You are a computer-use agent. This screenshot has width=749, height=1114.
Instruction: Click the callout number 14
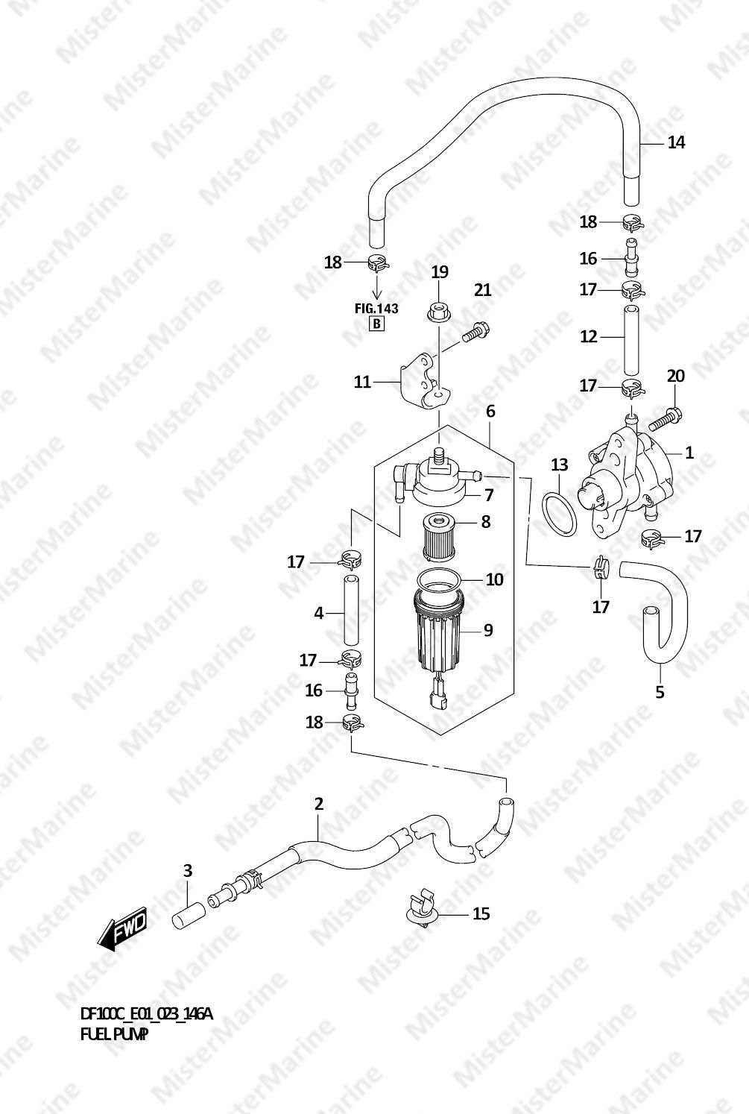click(x=676, y=142)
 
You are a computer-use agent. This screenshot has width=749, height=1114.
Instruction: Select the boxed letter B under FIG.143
click(x=377, y=324)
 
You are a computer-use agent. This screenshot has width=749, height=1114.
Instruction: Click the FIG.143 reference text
click(x=376, y=309)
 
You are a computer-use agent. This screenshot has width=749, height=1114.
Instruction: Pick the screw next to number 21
click(x=475, y=332)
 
